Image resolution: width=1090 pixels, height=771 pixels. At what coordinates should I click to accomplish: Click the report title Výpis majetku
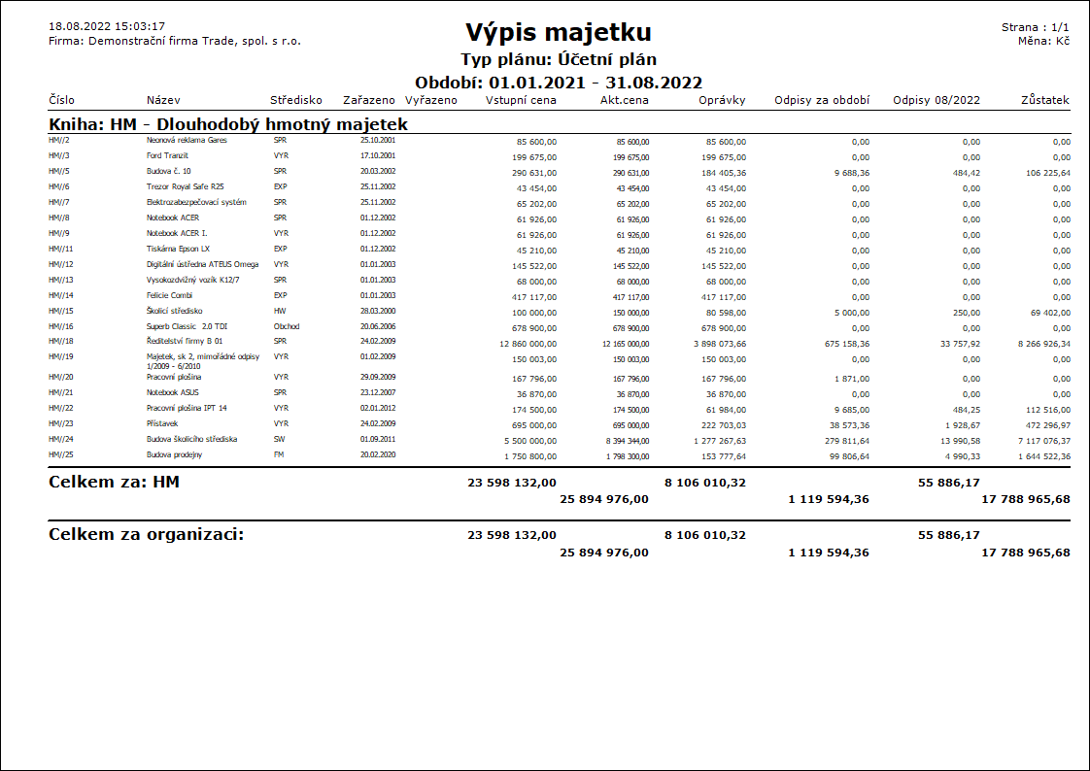point(558,32)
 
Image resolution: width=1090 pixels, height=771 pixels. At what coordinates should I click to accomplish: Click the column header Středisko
point(296,100)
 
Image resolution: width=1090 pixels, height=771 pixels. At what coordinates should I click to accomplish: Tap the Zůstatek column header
point(1045,100)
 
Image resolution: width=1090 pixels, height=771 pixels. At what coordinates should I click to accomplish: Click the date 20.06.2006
point(378,326)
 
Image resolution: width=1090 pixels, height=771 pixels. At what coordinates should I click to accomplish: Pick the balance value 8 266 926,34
point(1038,343)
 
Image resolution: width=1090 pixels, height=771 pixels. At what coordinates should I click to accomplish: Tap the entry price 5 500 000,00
point(524,440)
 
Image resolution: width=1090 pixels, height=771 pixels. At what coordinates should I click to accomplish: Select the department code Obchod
point(287,326)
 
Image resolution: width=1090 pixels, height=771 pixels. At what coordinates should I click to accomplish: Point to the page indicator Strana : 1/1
point(1036,27)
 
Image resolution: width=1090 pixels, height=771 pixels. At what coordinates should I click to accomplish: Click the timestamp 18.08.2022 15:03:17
point(107,26)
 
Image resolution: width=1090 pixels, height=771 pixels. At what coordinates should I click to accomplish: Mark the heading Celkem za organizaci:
point(146,535)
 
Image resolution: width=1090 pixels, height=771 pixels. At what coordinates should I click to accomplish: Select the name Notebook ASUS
point(173,392)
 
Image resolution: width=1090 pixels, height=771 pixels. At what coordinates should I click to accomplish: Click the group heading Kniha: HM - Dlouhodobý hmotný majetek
point(228,125)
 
